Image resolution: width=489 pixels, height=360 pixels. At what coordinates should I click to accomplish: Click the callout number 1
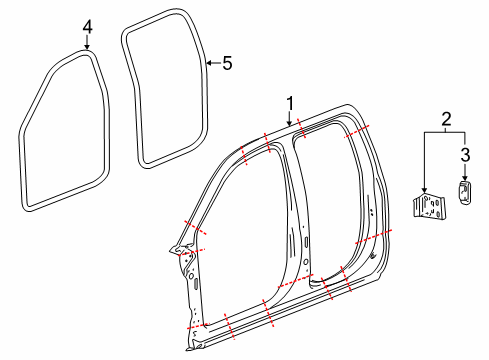[x=290, y=102]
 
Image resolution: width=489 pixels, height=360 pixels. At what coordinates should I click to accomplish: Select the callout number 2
[x=446, y=119]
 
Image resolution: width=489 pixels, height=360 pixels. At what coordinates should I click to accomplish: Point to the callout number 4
[x=87, y=28]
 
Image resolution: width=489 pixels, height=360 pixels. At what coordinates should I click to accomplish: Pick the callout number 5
[x=226, y=63]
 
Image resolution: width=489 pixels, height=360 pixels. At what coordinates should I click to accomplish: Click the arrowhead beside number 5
[x=207, y=63]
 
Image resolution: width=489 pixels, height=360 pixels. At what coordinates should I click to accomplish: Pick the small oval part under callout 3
[x=465, y=193]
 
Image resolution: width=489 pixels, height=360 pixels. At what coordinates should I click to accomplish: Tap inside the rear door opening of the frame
[x=330, y=200]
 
